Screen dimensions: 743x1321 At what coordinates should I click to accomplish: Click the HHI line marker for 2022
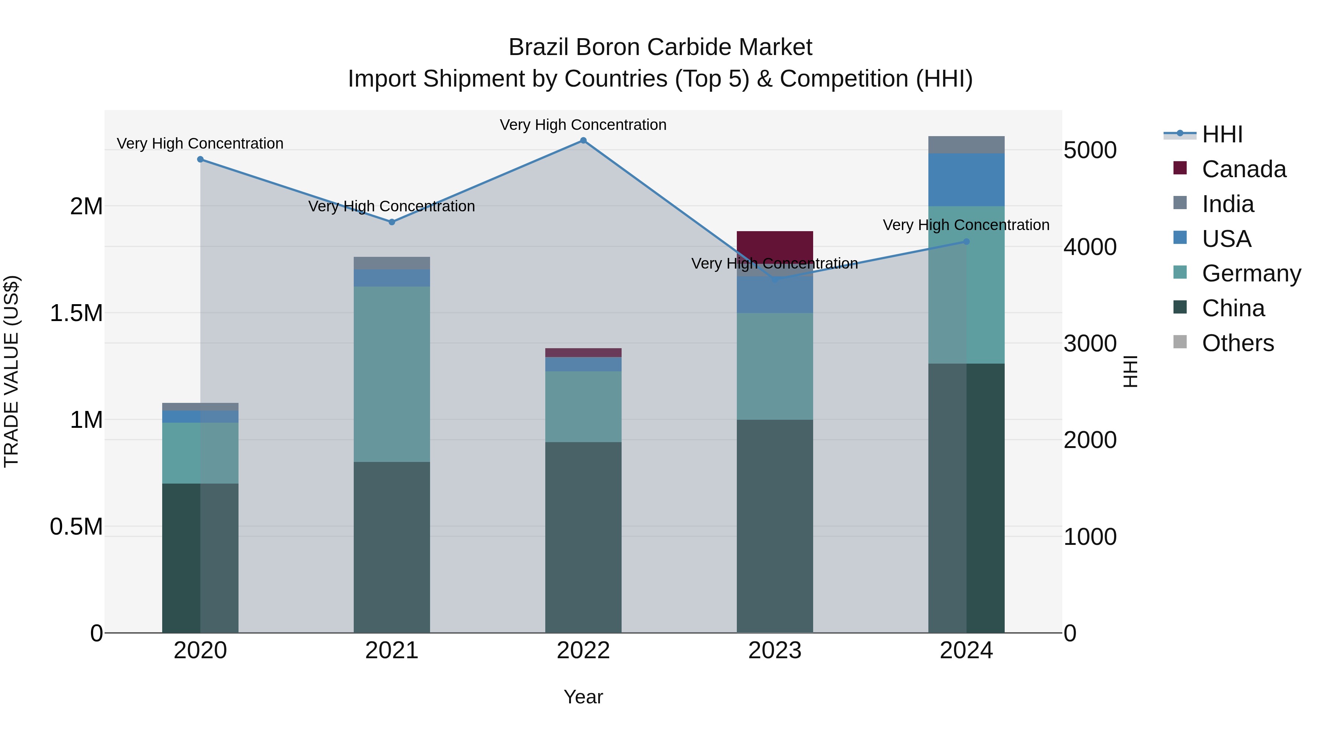tap(583, 141)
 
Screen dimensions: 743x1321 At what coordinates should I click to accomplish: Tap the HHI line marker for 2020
tap(200, 160)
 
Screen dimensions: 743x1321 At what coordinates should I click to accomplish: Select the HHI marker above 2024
tap(966, 241)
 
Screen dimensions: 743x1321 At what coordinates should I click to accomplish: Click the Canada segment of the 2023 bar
tap(775, 246)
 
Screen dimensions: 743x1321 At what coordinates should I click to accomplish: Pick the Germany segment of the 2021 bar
tap(392, 374)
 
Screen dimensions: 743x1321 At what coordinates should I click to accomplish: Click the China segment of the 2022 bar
tap(583, 538)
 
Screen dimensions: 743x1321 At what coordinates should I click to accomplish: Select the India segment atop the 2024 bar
tap(966, 145)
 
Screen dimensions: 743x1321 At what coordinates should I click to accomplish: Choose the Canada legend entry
tap(1244, 169)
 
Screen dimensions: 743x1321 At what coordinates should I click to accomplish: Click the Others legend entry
tap(1237, 343)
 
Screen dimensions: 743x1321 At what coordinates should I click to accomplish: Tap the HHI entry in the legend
tap(1222, 134)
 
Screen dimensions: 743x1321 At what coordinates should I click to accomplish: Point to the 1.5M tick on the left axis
tap(76, 313)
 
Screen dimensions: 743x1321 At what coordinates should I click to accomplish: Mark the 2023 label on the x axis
tap(774, 651)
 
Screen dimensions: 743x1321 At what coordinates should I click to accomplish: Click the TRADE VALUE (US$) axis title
tap(11, 371)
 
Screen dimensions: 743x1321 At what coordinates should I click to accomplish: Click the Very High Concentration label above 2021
tap(392, 206)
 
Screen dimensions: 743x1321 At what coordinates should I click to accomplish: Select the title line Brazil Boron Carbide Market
tap(660, 47)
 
